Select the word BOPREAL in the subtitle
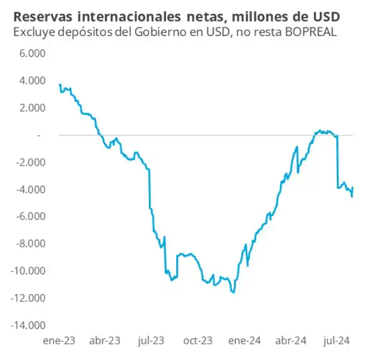[x=313, y=32]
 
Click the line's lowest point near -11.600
[x=233, y=292]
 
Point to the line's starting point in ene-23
[x=60, y=85]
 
